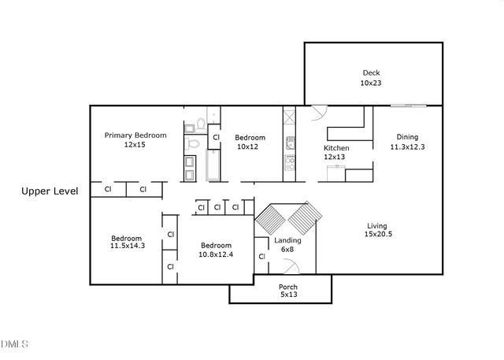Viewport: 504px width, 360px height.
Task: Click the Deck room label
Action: [372, 72]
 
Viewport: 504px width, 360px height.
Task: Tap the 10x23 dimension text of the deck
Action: [372, 82]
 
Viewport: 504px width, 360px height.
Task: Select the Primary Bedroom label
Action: [135, 135]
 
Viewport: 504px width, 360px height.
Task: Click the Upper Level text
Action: [50, 191]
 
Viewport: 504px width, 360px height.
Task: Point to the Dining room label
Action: [407, 136]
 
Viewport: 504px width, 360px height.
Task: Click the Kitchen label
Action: [336, 148]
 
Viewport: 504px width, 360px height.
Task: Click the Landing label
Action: [283, 240]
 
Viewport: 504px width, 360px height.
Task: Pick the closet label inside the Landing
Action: [261, 257]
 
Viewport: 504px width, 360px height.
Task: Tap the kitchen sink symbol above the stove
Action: [289, 143]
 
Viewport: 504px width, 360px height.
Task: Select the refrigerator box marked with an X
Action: [289, 118]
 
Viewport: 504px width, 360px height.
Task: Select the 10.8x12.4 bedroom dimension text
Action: [215, 253]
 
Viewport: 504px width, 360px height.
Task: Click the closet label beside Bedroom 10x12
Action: [216, 137]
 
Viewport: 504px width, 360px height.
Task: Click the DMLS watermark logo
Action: [15, 343]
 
